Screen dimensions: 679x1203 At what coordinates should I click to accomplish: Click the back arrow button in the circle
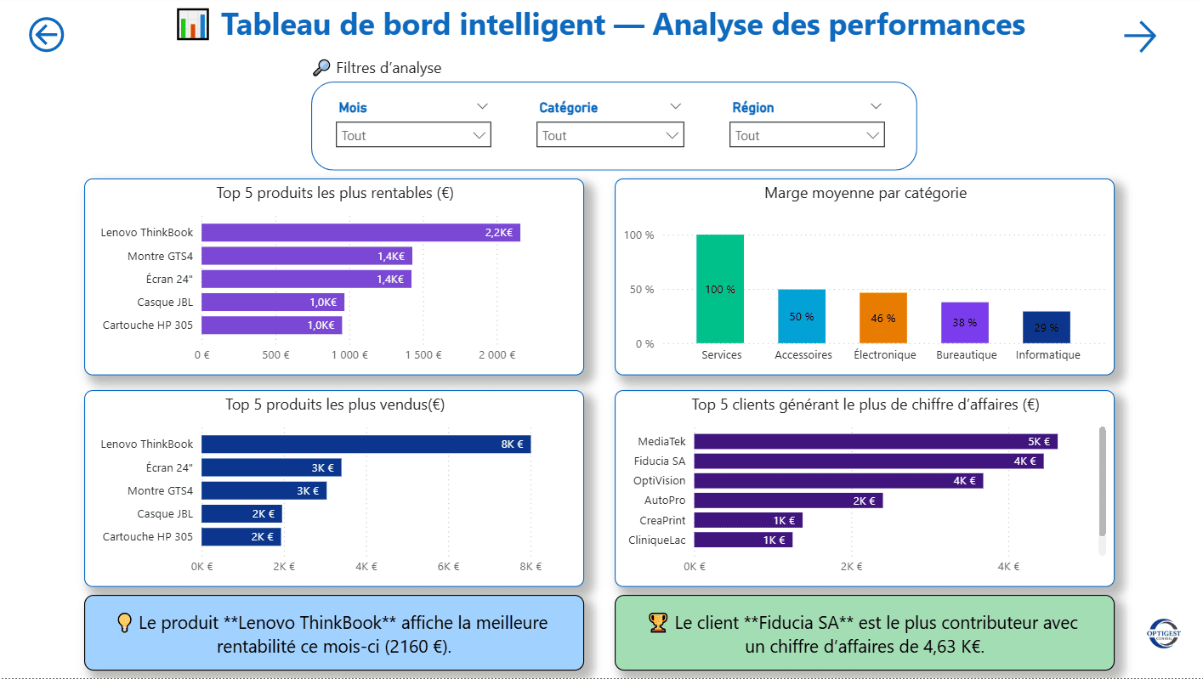[47, 35]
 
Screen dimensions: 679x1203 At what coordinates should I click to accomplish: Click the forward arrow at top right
[1139, 37]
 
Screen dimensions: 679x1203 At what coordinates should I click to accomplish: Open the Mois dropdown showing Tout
[413, 135]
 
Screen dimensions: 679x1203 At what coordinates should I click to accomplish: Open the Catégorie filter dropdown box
[610, 135]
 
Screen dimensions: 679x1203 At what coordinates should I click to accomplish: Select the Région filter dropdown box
[806, 135]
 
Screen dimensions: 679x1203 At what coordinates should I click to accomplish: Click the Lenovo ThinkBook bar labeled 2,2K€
[360, 233]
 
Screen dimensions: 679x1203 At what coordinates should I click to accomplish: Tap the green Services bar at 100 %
[720, 289]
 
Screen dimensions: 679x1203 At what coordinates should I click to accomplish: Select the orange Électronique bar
[882, 318]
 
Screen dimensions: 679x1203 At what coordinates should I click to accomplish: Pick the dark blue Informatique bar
[1046, 327]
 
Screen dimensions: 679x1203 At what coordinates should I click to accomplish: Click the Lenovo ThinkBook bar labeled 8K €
[366, 444]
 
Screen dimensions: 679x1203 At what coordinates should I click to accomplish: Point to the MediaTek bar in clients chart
[875, 441]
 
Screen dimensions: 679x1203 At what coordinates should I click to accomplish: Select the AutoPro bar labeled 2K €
[788, 501]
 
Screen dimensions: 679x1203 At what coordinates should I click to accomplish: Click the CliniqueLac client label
[656, 540]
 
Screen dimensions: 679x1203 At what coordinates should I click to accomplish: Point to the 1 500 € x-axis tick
[423, 355]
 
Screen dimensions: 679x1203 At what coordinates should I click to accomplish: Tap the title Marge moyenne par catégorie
[865, 193]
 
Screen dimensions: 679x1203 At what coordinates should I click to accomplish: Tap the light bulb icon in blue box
[124, 623]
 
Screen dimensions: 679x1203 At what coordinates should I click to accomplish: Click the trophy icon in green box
[658, 623]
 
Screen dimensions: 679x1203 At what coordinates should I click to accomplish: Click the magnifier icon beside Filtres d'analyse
[321, 68]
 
